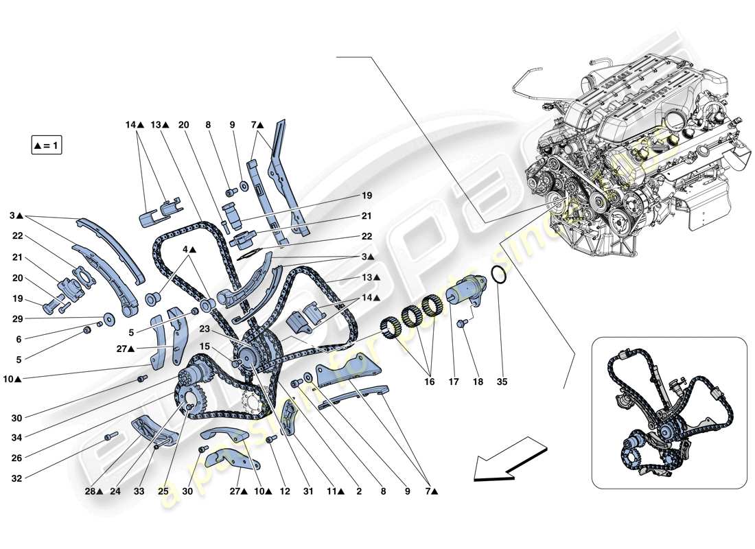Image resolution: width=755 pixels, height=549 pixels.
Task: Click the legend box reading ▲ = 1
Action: coord(47,145)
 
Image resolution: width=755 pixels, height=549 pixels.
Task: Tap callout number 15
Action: coord(204,347)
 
